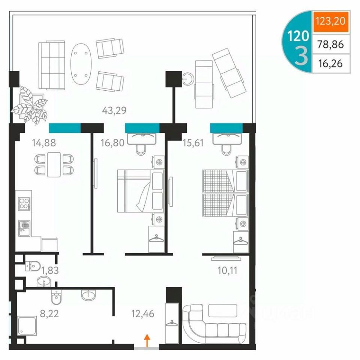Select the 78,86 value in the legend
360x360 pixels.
pos(330,44)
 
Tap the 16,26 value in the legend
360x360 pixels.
pos(330,63)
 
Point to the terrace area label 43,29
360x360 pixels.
pos(114,111)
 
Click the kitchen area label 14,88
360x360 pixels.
pos(44,143)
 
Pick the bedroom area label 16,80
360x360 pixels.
pos(112,143)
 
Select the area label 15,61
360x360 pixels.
pos(193,143)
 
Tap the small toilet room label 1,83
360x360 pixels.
pos(50,270)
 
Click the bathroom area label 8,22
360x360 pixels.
pos(49,313)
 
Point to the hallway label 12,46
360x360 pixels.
pos(143,313)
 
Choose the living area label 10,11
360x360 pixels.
pos(227,270)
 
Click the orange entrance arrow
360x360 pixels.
pos(147,340)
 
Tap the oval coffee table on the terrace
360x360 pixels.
pos(81,64)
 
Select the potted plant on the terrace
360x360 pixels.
pos(30,105)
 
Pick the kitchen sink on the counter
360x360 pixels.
pos(24,228)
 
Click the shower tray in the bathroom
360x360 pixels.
pos(27,325)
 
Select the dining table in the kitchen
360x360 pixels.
pos(54,164)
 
